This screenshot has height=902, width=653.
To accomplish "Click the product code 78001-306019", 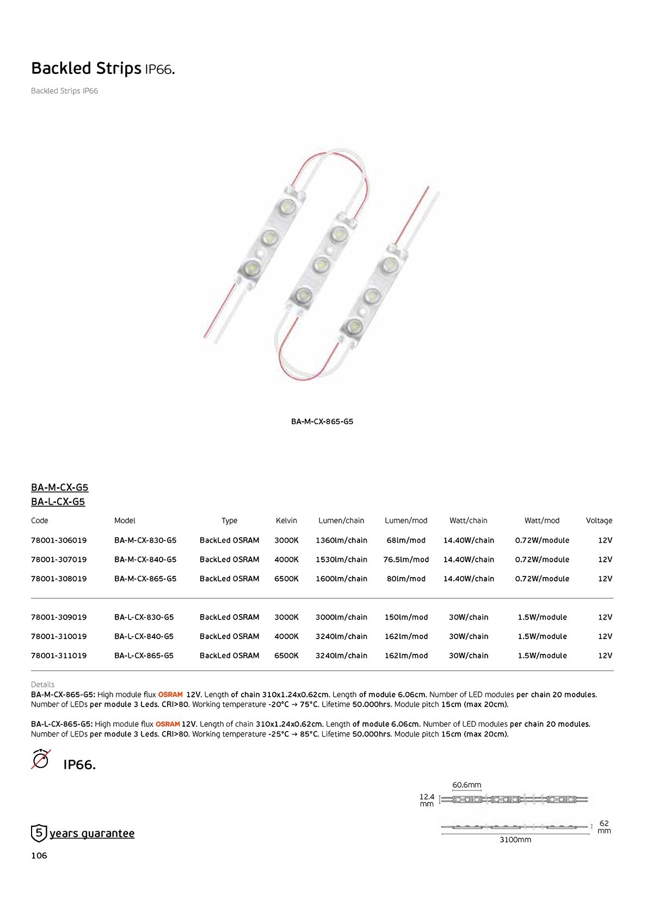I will click(x=59, y=540).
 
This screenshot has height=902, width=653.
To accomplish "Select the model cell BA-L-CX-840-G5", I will click(x=144, y=636).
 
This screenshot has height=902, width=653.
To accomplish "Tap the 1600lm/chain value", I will click(x=341, y=579).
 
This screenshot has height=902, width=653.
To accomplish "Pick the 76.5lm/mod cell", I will click(x=406, y=559).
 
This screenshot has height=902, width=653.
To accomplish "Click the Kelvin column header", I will click(x=286, y=520).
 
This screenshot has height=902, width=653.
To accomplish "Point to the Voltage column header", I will click(x=599, y=520).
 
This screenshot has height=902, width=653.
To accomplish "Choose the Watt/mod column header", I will click(x=541, y=520).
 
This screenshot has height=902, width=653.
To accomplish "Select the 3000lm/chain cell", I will click(x=341, y=617).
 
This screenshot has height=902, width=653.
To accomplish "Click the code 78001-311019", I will click(x=59, y=655).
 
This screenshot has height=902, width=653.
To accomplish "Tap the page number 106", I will click(x=39, y=855).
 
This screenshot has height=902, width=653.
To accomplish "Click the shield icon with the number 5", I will click(x=39, y=833).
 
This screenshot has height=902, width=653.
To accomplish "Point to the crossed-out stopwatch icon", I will click(x=41, y=759).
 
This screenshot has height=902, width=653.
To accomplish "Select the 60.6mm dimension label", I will click(x=466, y=784).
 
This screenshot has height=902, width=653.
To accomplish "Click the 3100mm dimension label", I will click(x=515, y=839).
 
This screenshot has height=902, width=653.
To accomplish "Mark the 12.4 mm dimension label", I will click(x=427, y=800).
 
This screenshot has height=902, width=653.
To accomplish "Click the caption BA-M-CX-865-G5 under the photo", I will click(x=322, y=421).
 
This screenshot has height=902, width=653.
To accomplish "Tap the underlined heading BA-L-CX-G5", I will click(x=58, y=501).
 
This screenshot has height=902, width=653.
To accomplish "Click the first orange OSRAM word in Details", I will click(x=170, y=695).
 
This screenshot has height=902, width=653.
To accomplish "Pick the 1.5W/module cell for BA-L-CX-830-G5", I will click(x=542, y=617).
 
